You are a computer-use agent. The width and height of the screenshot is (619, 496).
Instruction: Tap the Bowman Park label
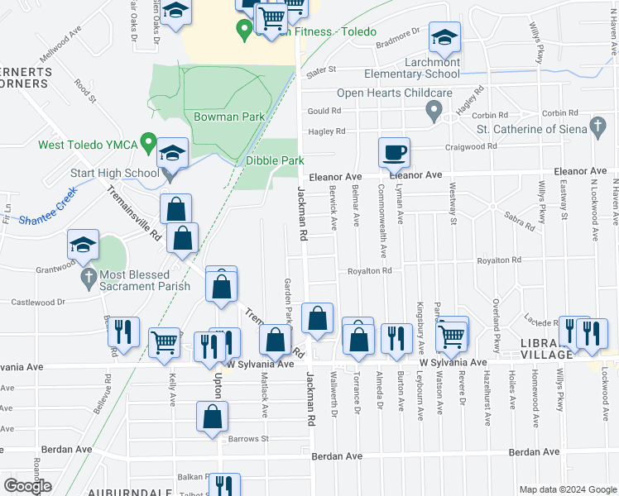point(229,117)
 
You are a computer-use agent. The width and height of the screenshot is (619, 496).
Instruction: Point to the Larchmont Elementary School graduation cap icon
point(444,37)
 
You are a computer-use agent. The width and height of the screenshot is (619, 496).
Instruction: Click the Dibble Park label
point(275,160)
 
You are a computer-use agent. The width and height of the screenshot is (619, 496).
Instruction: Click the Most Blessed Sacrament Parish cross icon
point(89,279)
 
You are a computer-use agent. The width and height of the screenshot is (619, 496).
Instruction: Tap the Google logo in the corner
point(26,485)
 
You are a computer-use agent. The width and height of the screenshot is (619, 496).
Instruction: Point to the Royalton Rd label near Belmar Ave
point(368,270)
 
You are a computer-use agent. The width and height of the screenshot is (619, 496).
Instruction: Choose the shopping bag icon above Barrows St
point(213,417)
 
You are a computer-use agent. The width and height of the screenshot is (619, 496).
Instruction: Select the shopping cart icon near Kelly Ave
point(165,342)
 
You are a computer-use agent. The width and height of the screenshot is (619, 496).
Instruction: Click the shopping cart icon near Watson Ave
point(451,335)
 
